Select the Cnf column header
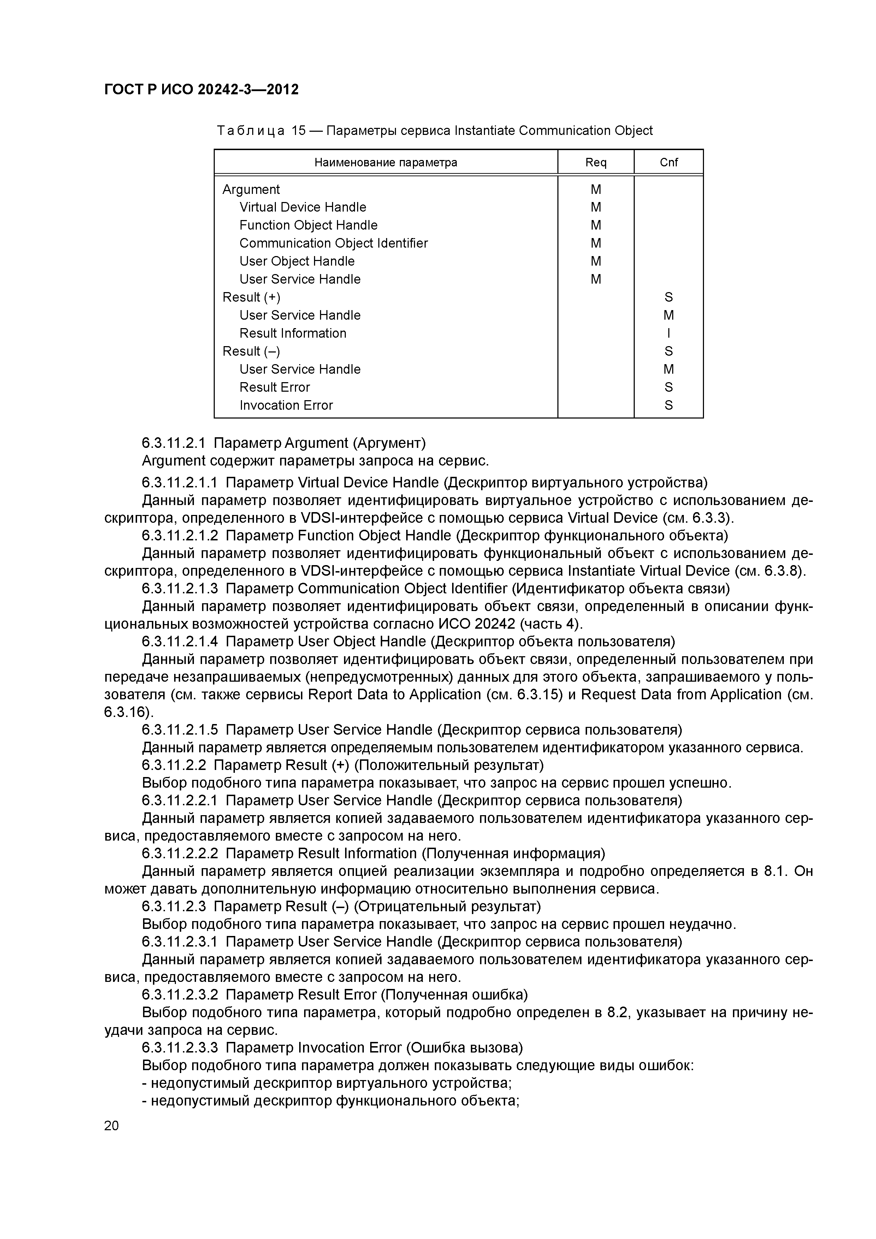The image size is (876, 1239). tap(668, 162)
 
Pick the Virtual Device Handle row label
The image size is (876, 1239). tap(302, 207)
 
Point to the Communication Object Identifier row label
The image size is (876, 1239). tap(333, 243)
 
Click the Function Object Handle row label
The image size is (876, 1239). tap(308, 225)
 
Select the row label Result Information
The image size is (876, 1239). tap(292, 333)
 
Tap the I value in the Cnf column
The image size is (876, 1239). tap(668, 333)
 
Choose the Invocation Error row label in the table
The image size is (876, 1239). tap(286, 405)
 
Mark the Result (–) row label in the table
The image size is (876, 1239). tap(251, 351)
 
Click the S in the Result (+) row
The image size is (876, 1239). tap(668, 297)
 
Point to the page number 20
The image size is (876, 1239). tap(111, 1126)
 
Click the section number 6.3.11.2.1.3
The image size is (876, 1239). tap(180, 588)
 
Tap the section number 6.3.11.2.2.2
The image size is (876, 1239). tap(180, 853)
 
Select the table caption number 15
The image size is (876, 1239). tap(298, 131)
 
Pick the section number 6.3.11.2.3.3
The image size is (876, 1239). tap(180, 1048)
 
